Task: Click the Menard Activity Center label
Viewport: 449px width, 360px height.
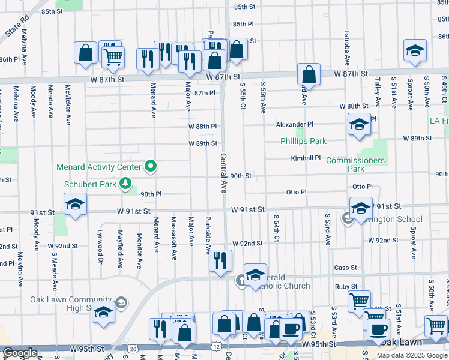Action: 99,167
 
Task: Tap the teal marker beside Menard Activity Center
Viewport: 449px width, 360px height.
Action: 151,167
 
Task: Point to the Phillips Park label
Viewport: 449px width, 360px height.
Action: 303,142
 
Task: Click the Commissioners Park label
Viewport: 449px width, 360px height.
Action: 355,164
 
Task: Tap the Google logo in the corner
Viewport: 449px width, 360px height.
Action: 20,353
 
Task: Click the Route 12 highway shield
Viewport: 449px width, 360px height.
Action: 215,347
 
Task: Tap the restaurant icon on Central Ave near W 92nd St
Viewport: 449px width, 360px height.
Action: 220,260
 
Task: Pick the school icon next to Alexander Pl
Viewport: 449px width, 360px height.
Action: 359,124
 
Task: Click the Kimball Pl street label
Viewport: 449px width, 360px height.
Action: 306,158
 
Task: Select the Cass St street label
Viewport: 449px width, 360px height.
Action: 346,268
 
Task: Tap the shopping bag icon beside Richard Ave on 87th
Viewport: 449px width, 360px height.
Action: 309,75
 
